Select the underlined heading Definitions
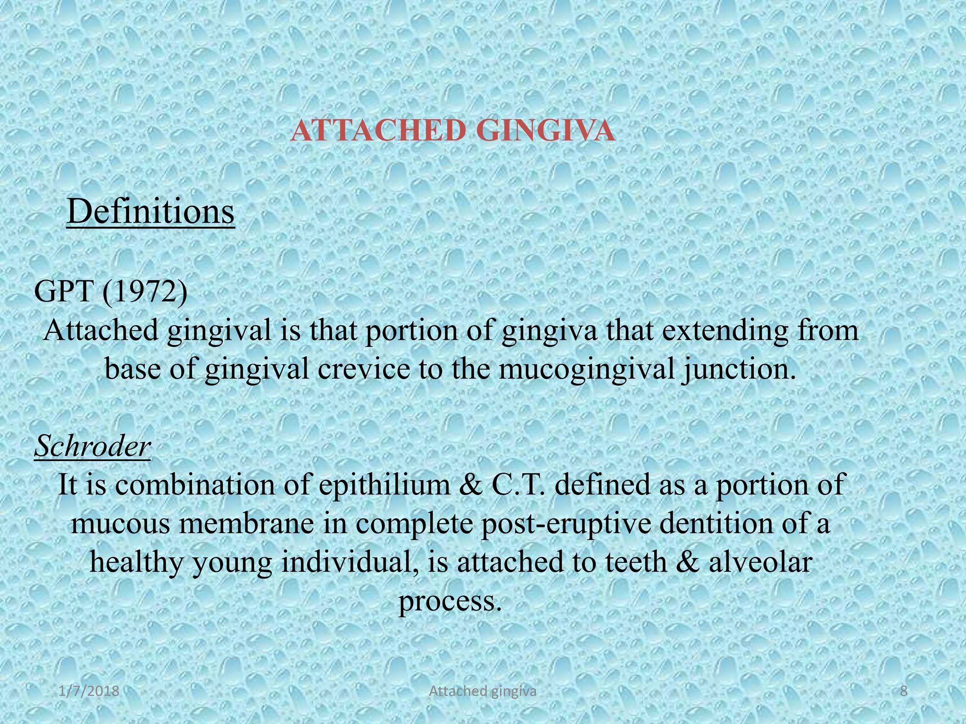tap(150, 212)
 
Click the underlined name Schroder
tap(92, 445)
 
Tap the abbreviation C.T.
tap(518, 485)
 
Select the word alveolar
tap(760, 562)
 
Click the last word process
tap(449, 601)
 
